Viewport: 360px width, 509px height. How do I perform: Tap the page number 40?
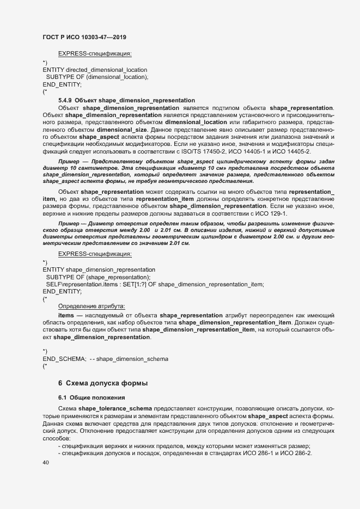[x=46, y=463]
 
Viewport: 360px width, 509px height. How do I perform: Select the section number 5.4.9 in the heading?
[x=65, y=101]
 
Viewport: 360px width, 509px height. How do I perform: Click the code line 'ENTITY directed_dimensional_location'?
[x=94, y=70]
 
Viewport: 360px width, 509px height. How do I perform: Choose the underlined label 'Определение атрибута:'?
[x=91, y=306]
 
